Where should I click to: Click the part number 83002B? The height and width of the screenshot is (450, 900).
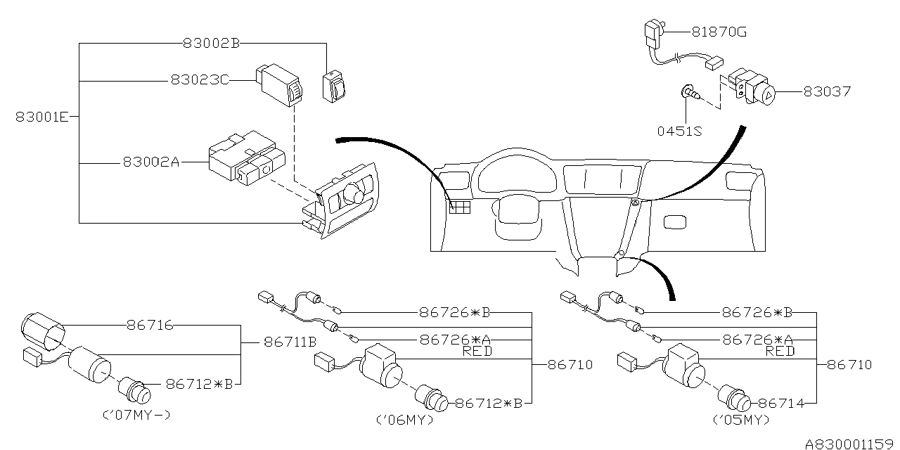pos(212,43)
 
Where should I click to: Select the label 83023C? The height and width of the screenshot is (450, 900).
pos(200,80)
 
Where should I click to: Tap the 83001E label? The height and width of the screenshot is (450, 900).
pos(42,117)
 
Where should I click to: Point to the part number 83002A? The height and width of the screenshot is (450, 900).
pos(151,162)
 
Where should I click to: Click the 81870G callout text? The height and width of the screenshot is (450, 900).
pos(719,32)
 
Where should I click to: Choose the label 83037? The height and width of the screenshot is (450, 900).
pos(828,91)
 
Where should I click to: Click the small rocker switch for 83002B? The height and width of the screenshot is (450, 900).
pos(333,86)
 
